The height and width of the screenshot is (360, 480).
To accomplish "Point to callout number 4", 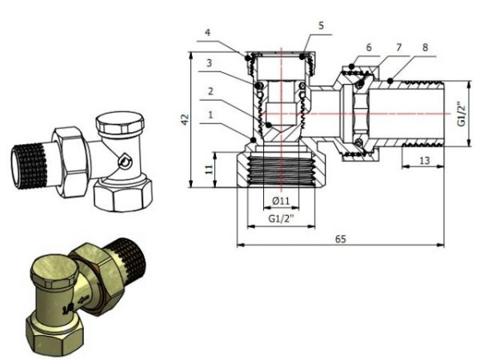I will coord(207,33).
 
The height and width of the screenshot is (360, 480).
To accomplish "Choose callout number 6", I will coord(369,47).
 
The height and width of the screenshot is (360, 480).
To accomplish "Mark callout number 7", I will coord(398,47).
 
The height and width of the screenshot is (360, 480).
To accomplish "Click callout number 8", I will coord(426,47).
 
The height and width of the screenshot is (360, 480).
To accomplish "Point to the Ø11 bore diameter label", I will coord(279,199).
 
